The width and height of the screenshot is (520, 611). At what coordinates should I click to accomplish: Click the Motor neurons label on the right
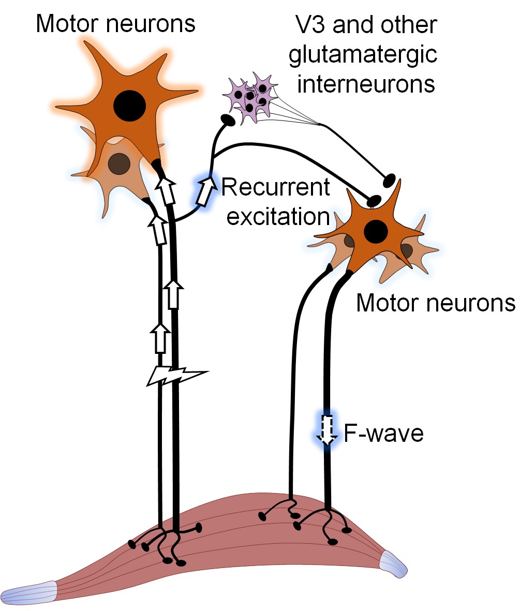pos(435,304)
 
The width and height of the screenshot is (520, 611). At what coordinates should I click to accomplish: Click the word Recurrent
pos(276,188)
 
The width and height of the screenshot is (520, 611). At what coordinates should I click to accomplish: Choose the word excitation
pos(278,216)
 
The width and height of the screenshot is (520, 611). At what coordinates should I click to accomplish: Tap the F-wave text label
pos(383,434)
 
